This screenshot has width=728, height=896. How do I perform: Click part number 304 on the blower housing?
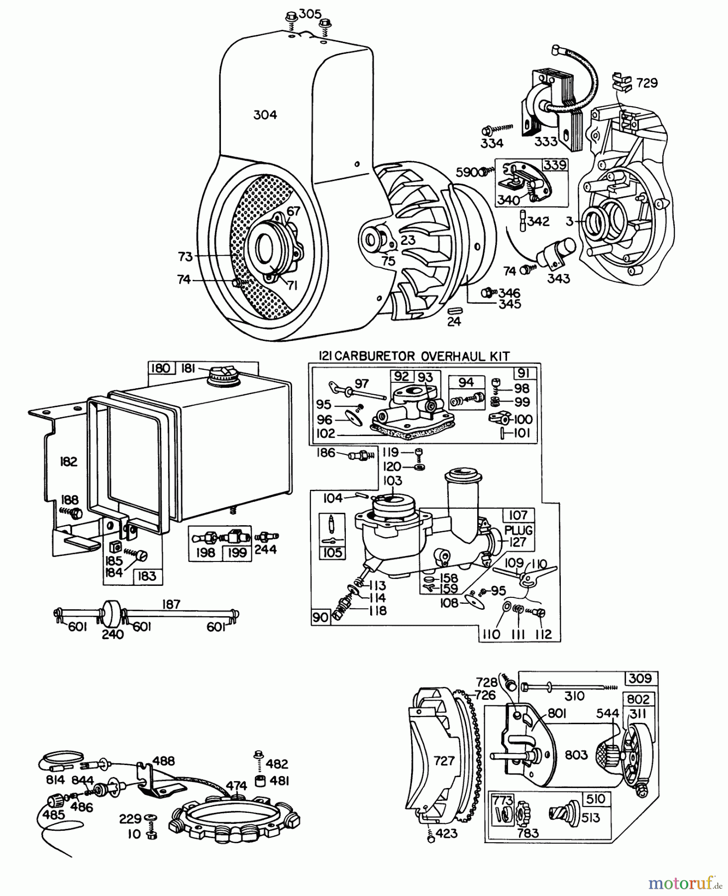click(265, 115)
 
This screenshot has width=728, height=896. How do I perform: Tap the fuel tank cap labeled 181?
click(223, 374)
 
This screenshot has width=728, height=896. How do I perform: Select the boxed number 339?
click(555, 165)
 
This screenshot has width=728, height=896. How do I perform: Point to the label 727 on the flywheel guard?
click(444, 761)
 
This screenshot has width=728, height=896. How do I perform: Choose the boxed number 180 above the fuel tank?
click(160, 368)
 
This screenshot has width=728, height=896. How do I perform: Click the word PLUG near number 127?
click(519, 530)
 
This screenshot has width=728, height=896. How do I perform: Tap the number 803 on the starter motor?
click(576, 755)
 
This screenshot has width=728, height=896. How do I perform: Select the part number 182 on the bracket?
click(68, 461)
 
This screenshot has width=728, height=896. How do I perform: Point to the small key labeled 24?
click(453, 310)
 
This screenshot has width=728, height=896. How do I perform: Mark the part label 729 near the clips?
click(647, 83)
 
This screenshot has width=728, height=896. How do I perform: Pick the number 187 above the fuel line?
click(171, 604)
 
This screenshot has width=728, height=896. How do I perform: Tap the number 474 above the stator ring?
click(236, 785)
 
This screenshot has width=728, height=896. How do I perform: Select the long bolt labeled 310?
click(557, 687)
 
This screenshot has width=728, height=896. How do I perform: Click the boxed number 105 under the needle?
click(332, 553)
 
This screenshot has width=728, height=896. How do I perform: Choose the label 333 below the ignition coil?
click(546, 141)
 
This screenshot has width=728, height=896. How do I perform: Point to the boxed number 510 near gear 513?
click(596, 799)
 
